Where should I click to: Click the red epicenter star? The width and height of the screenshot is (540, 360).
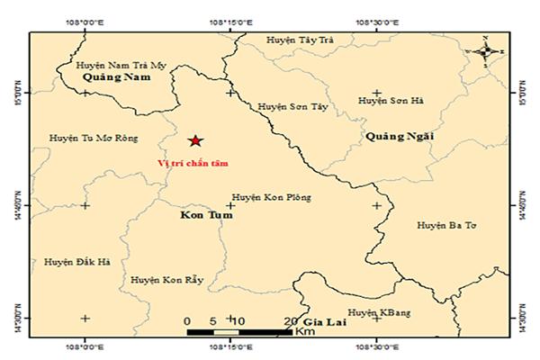[195, 139]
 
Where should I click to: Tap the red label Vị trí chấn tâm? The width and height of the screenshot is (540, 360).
[193, 164]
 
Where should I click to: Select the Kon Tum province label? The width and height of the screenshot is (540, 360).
[194, 218]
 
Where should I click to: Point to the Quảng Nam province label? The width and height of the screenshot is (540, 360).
[114, 79]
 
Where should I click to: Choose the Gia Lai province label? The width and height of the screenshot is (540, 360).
[323, 321]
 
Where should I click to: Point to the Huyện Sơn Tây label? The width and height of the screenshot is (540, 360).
[292, 106]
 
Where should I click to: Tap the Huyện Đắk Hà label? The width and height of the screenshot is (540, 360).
[76, 262]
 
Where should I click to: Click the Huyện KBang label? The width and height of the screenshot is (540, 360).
[379, 312]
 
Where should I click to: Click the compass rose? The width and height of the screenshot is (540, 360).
[485, 51]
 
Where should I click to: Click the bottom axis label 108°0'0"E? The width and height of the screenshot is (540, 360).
[85, 346]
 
